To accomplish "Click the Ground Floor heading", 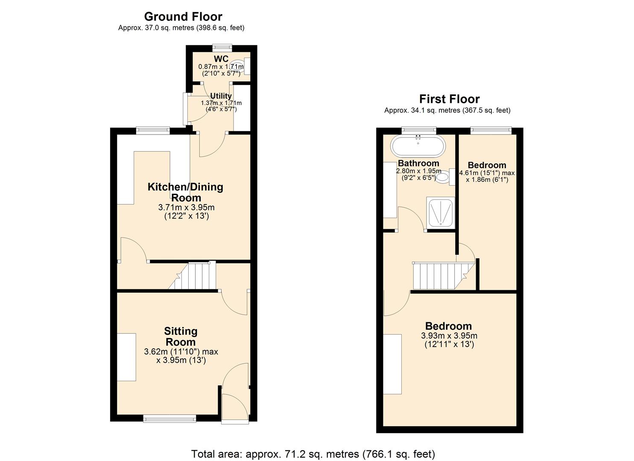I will click(183, 17).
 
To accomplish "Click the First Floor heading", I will click(449, 99).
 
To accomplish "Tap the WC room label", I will click(221, 59).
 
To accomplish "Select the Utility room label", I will click(221, 96).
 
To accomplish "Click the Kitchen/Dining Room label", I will click(186, 192).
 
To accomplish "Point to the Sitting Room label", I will click(181, 336).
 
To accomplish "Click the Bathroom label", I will click(418, 163).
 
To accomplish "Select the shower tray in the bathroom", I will click(440, 212).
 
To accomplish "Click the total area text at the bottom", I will click(313, 454).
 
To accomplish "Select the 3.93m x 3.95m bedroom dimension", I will click(449, 336).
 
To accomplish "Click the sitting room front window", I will click(169, 419).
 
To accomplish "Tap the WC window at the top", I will click(222, 47).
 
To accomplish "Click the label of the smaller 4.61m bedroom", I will click(487, 165).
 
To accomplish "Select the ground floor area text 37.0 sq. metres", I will click(181, 28).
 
